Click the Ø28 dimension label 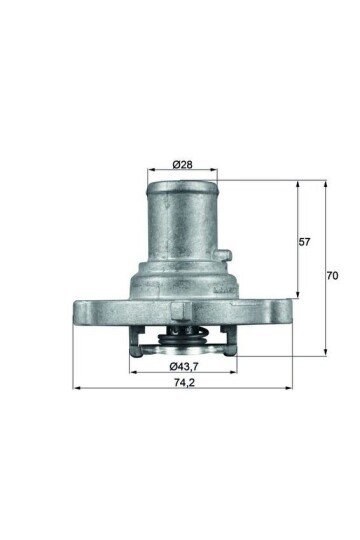183,164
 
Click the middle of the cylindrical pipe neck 183,225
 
